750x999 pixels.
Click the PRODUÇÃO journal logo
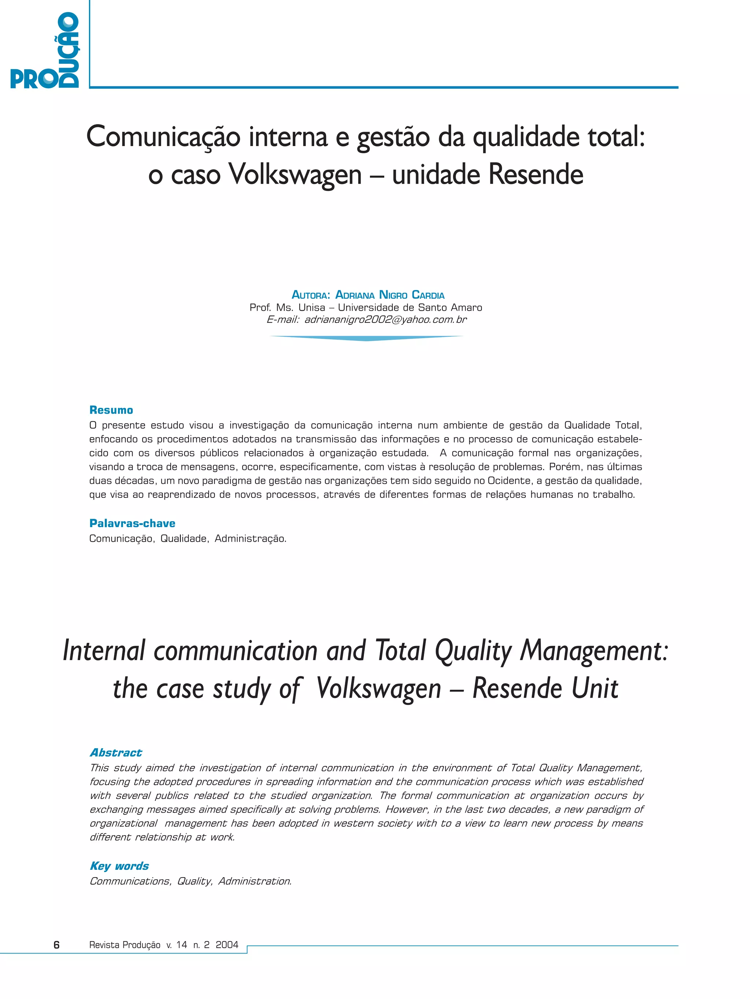click(x=45, y=51)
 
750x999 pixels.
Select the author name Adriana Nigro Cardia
click(x=389, y=295)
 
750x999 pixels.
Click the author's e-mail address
click(x=385, y=320)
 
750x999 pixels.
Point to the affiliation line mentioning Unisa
click(x=365, y=307)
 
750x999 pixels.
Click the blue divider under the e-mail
click(x=366, y=338)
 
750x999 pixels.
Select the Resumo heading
click(x=111, y=410)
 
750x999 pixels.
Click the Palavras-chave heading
click(x=132, y=523)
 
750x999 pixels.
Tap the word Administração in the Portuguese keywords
click(x=250, y=538)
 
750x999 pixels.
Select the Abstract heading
click(x=116, y=752)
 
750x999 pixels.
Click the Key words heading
click(x=119, y=866)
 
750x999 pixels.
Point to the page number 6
click(x=56, y=945)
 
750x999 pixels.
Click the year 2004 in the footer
click(x=227, y=945)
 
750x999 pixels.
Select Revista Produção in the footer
click(x=125, y=945)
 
